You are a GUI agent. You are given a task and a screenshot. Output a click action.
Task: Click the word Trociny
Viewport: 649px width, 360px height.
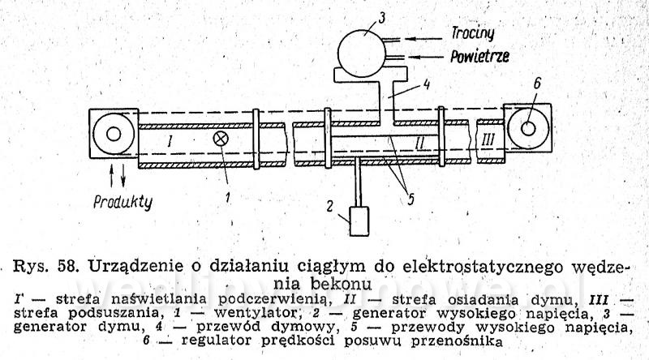pos(473,33)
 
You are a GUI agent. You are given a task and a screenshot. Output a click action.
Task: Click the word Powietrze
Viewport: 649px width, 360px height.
pos(479,56)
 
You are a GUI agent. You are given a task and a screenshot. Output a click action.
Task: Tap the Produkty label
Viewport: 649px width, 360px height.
pos(123,202)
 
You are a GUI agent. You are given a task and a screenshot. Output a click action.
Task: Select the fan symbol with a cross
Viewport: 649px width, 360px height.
pos(220,139)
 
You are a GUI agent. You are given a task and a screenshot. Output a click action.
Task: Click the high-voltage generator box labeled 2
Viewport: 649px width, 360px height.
pos(359,221)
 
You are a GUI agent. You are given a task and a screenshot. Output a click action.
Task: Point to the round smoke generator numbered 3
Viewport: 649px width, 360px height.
pos(362,54)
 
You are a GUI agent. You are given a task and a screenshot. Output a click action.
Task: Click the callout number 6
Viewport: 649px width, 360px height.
pos(537,84)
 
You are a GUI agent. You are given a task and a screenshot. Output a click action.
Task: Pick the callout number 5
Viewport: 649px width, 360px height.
pos(410,199)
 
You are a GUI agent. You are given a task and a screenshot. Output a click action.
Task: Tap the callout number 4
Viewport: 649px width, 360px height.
pos(426,85)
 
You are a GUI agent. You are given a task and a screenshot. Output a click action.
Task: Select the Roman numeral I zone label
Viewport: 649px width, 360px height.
pos(169,142)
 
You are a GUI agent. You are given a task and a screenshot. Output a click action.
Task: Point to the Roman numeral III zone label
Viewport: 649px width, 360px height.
pos(488,140)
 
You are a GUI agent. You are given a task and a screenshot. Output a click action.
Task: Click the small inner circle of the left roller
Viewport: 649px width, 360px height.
pos(114,134)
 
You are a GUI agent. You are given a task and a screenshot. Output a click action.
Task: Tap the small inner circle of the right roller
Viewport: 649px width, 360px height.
pos(528,129)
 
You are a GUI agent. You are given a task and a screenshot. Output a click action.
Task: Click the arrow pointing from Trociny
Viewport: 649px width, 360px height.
pos(423,39)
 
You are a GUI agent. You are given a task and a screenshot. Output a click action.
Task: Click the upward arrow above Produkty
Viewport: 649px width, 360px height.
pos(111,176)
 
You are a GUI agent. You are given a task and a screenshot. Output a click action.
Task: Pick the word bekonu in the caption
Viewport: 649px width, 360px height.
pos(340,284)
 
